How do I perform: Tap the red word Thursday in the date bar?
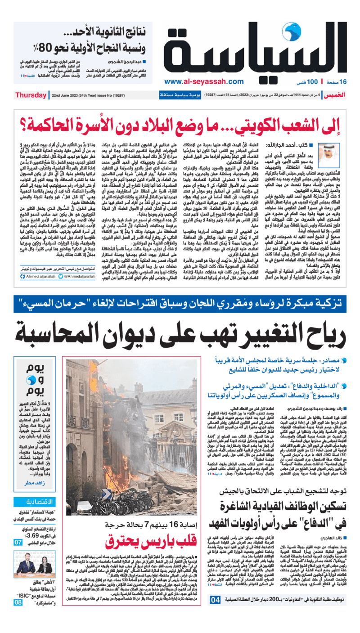coord(30,95)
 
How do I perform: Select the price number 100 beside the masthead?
coord(312,82)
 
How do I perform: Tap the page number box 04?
coord(216,624)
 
